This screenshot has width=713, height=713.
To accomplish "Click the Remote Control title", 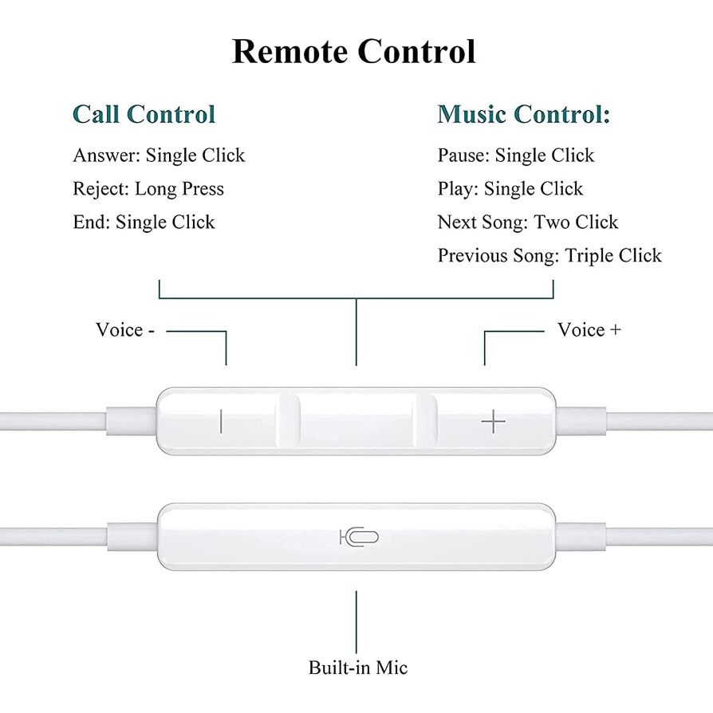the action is (x=354, y=51).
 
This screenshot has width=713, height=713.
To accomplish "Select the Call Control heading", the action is (x=144, y=114).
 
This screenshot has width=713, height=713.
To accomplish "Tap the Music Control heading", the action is (x=523, y=114).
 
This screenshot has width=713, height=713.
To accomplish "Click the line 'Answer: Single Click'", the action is (x=159, y=156).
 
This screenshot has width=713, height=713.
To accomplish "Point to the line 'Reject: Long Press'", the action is (x=148, y=189).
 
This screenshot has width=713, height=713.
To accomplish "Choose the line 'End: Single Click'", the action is (x=144, y=222).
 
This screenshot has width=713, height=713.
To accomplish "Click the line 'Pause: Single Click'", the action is (x=516, y=156).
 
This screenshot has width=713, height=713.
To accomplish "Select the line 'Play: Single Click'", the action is (x=510, y=189).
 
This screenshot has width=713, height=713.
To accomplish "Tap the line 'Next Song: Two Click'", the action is (x=528, y=222).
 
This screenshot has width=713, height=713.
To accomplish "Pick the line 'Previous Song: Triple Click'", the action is (x=550, y=255).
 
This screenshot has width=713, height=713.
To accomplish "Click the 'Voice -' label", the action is (x=125, y=329).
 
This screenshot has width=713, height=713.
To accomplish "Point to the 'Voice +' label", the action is (x=589, y=329).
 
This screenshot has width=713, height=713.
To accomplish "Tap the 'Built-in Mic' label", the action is (x=358, y=668).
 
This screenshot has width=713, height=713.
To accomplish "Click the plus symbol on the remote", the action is (x=494, y=422).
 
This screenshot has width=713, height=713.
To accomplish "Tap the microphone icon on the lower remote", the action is (x=359, y=537).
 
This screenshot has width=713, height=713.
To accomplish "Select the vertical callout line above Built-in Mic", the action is (x=356, y=622).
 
